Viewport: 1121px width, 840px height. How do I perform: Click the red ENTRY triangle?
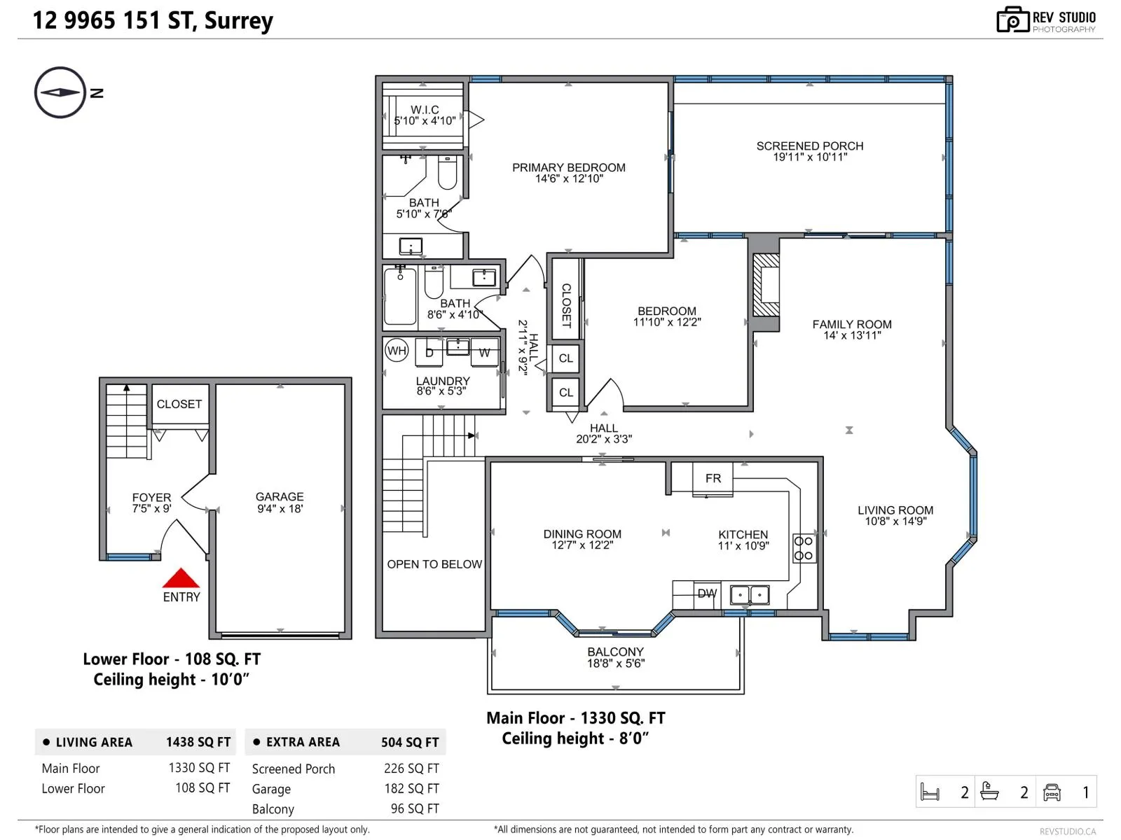(181, 578)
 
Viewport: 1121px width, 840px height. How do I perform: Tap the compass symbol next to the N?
(60, 92)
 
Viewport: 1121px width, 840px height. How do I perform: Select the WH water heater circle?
(397, 351)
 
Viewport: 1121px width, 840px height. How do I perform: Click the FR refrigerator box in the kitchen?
(713, 478)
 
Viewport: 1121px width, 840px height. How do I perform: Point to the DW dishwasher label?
(708, 594)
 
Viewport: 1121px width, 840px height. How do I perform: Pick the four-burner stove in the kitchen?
(804, 548)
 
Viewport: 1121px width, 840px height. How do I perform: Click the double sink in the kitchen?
(749, 595)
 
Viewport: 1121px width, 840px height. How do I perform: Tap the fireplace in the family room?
(766, 286)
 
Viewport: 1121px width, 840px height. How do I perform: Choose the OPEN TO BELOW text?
(434, 564)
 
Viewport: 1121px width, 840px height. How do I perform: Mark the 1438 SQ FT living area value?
(198, 742)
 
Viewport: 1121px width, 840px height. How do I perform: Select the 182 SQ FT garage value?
(412, 788)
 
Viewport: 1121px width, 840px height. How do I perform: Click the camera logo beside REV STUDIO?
(1012, 20)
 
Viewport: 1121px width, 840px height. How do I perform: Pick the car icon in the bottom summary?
(1052, 792)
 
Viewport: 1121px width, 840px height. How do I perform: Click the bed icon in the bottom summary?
(930, 792)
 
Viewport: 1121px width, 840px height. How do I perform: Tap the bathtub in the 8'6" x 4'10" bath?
(400, 296)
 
